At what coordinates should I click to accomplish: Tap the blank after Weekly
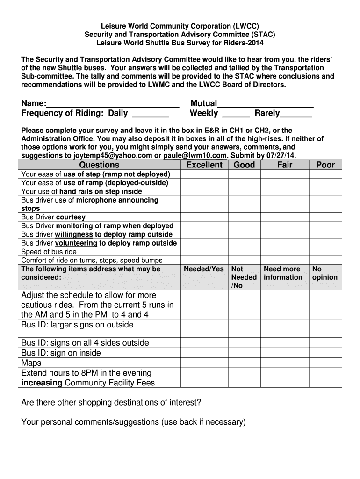point(236,114)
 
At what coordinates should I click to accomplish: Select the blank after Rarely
point(295,114)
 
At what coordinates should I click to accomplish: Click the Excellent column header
point(204,165)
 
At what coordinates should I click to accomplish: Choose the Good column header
point(244,165)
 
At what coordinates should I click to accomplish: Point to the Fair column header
point(285,165)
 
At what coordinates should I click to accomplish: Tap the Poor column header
point(325,165)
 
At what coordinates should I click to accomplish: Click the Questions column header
point(99,165)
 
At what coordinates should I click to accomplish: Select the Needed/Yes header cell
point(204,269)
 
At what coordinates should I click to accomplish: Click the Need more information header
point(283,273)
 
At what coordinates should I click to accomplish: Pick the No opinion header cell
point(325,273)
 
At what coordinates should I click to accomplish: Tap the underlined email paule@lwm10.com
point(195,155)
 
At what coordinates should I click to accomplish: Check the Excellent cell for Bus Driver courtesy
point(204,217)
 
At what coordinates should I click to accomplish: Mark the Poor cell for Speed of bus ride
point(325,252)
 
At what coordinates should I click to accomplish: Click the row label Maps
point(31,363)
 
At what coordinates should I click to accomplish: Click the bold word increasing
point(42,383)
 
